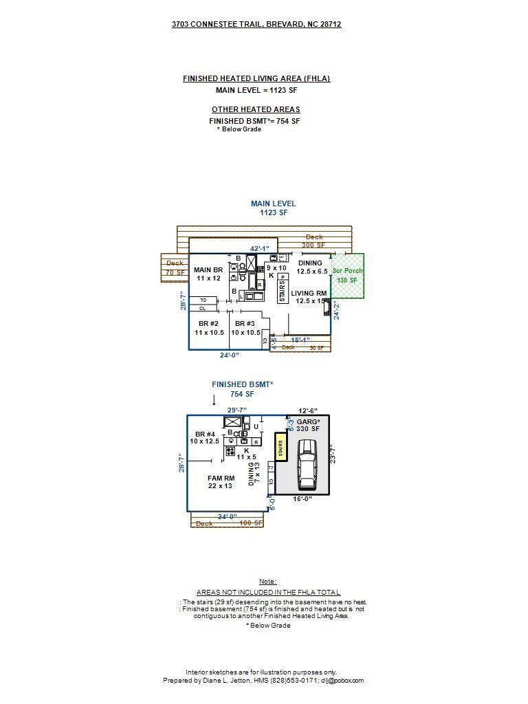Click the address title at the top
pyautogui.click(x=256, y=24)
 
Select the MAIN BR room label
pyautogui.click(x=208, y=274)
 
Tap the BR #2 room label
pyautogui.click(x=208, y=328)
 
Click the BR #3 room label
pyautogui.click(x=245, y=328)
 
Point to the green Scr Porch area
pyautogui.click(x=348, y=276)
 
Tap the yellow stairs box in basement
pyautogui.click(x=280, y=448)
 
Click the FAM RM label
pyautogui.click(x=221, y=482)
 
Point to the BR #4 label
pyautogui.click(x=207, y=438)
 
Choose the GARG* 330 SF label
pyautogui.click(x=308, y=425)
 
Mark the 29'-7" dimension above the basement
pyautogui.click(x=237, y=410)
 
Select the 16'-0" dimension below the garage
pyautogui.click(x=302, y=499)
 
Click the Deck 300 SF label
pyautogui.click(x=314, y=241)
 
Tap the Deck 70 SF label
pyautogui.click(x=175, y=268)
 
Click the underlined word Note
pyautogui.click(x=267, y=582)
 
